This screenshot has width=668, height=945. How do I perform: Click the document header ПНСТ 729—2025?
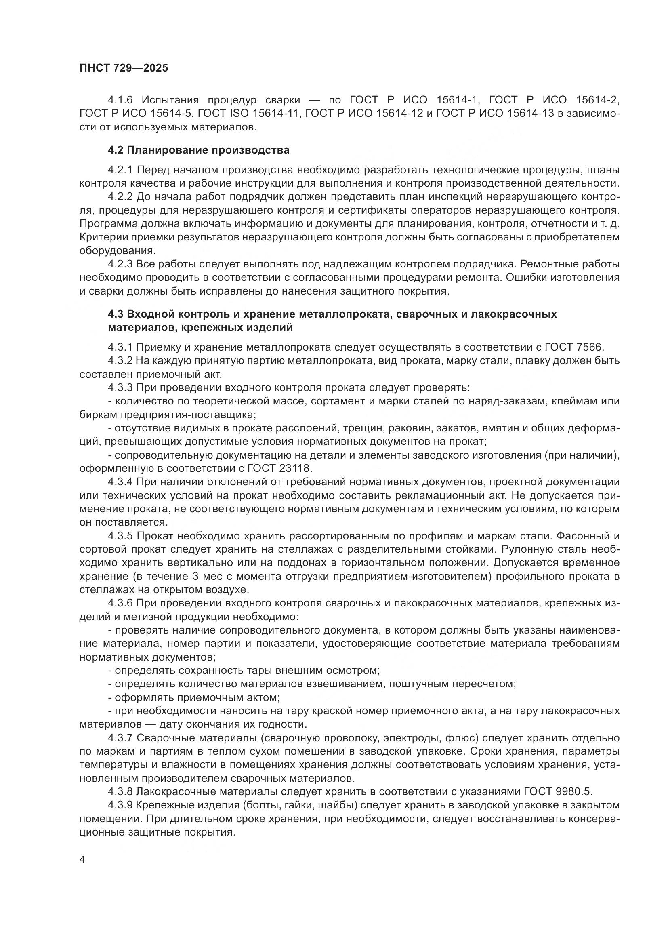point(124,68)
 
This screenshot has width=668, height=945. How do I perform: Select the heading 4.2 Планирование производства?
point(199,150)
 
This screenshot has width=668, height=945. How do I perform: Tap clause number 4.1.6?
point(122,100)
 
